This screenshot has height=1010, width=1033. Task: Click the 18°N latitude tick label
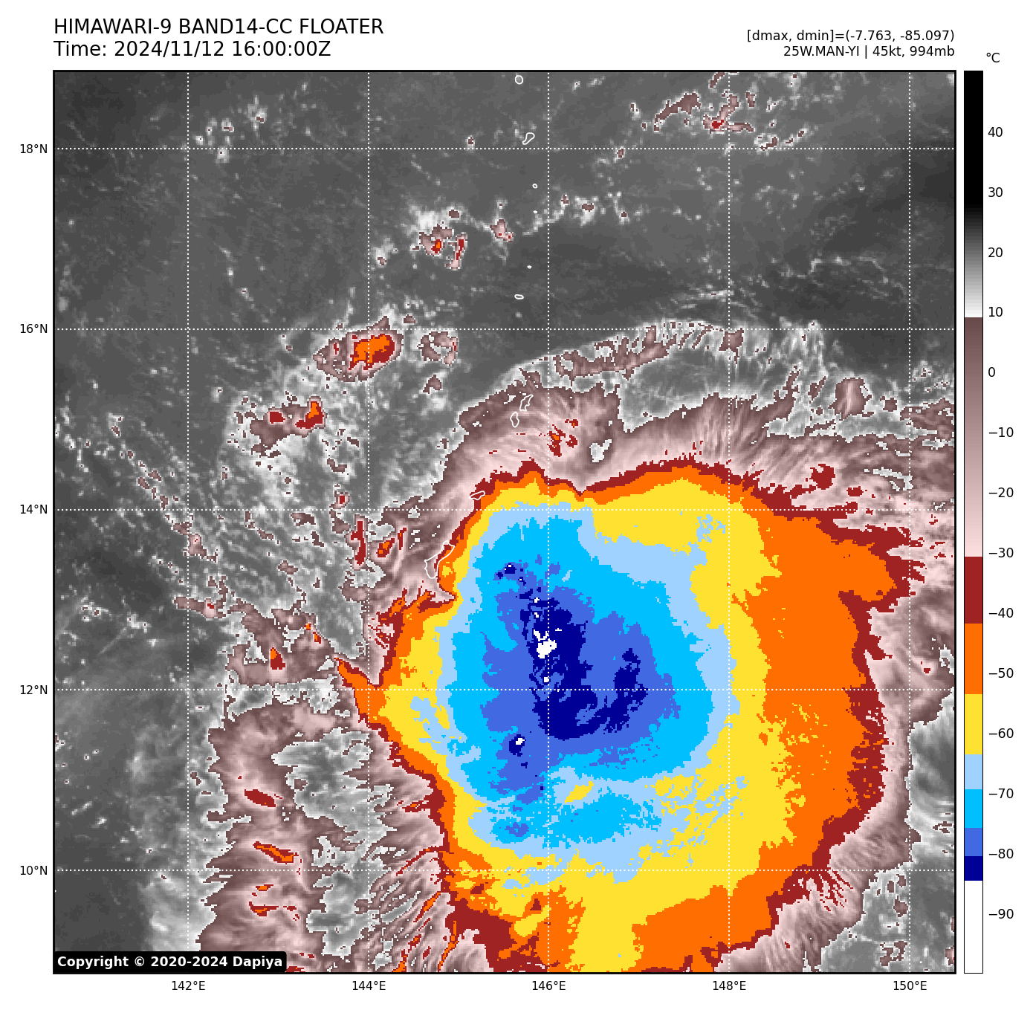coord(33,149)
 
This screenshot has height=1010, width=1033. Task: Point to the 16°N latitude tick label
coord(33,329)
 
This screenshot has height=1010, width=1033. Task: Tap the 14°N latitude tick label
coord(33,510)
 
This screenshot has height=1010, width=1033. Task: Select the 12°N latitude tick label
coord(33,690)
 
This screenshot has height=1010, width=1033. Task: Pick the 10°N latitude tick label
coord(33,870)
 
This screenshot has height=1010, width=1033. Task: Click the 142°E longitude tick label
coord(188,985)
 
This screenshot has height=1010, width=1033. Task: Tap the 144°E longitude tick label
coord(369,985)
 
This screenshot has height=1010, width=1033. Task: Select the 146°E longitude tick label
coord(548,985)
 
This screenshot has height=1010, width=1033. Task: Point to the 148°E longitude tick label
coord(729,985)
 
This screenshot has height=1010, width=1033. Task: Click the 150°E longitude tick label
coord(910,985)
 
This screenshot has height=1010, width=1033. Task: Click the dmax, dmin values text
coord(850,36)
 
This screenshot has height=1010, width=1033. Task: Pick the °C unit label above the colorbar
coord(992,58)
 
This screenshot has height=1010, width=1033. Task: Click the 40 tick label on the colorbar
coord(995,132)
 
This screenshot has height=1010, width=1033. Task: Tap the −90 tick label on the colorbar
coord(1000,914)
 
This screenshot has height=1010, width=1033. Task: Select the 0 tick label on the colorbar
coord(991,372)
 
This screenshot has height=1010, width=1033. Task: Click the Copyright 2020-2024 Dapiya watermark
coord(169,962)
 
